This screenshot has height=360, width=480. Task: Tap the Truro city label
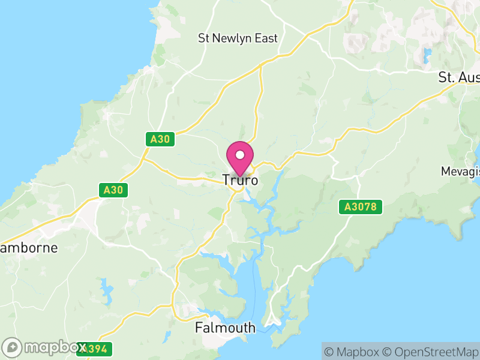(x=240, y=180)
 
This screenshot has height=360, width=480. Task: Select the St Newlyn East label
(x=238, y=38)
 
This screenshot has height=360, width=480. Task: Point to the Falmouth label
(x=226, y=328)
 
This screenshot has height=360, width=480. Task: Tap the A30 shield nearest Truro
(x=160, y=139)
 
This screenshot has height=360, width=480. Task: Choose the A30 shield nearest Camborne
(x=113, y=190)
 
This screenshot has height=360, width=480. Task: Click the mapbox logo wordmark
(x=54, y=347)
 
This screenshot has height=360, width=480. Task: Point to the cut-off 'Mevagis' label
(x=460, y=172)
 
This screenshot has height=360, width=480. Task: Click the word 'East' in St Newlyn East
(x=265, y=38)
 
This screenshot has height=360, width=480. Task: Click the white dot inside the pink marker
(x=240, y=155)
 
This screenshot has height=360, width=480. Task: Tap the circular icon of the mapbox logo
(x=13, y=347)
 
